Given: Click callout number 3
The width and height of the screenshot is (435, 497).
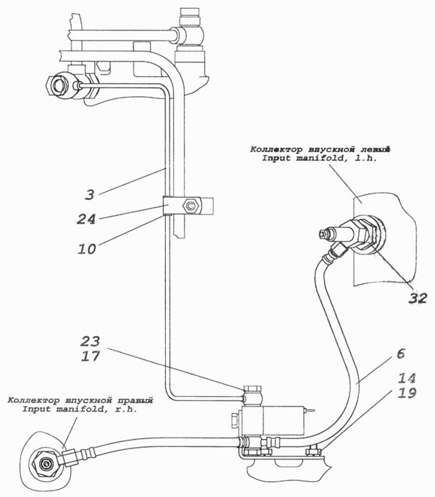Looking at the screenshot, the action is coord(90,193).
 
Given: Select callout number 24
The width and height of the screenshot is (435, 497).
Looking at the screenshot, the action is coord(86,219).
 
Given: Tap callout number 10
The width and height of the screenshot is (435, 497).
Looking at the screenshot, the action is coord(87,248).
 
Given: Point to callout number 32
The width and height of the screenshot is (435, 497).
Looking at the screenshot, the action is coord(417,298).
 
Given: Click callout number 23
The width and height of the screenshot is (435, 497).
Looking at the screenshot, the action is coord(90,341).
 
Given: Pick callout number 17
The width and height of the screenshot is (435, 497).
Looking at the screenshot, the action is coord(90,356).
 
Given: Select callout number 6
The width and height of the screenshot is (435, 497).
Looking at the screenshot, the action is coord(401,353).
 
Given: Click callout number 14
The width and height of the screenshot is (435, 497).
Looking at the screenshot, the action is coord(407,378).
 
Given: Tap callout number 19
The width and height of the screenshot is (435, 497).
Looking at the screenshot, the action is coord(407,393).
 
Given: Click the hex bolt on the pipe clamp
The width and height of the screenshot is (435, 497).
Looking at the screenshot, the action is coord(191,206).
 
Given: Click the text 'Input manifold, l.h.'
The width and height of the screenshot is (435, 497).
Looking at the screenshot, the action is coord(320,158).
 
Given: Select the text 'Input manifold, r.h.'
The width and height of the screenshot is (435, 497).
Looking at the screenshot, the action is coord(80,409).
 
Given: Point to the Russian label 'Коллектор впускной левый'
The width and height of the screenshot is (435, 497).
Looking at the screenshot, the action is coord(320,149).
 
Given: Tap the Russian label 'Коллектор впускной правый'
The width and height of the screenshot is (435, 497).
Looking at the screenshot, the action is coord(80,401).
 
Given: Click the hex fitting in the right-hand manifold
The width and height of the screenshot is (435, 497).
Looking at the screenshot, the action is coord(45,464).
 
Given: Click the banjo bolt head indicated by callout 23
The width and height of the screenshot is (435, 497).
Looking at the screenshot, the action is coord(252,388).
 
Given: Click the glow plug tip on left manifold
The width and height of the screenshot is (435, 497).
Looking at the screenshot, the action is coord(323,234).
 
